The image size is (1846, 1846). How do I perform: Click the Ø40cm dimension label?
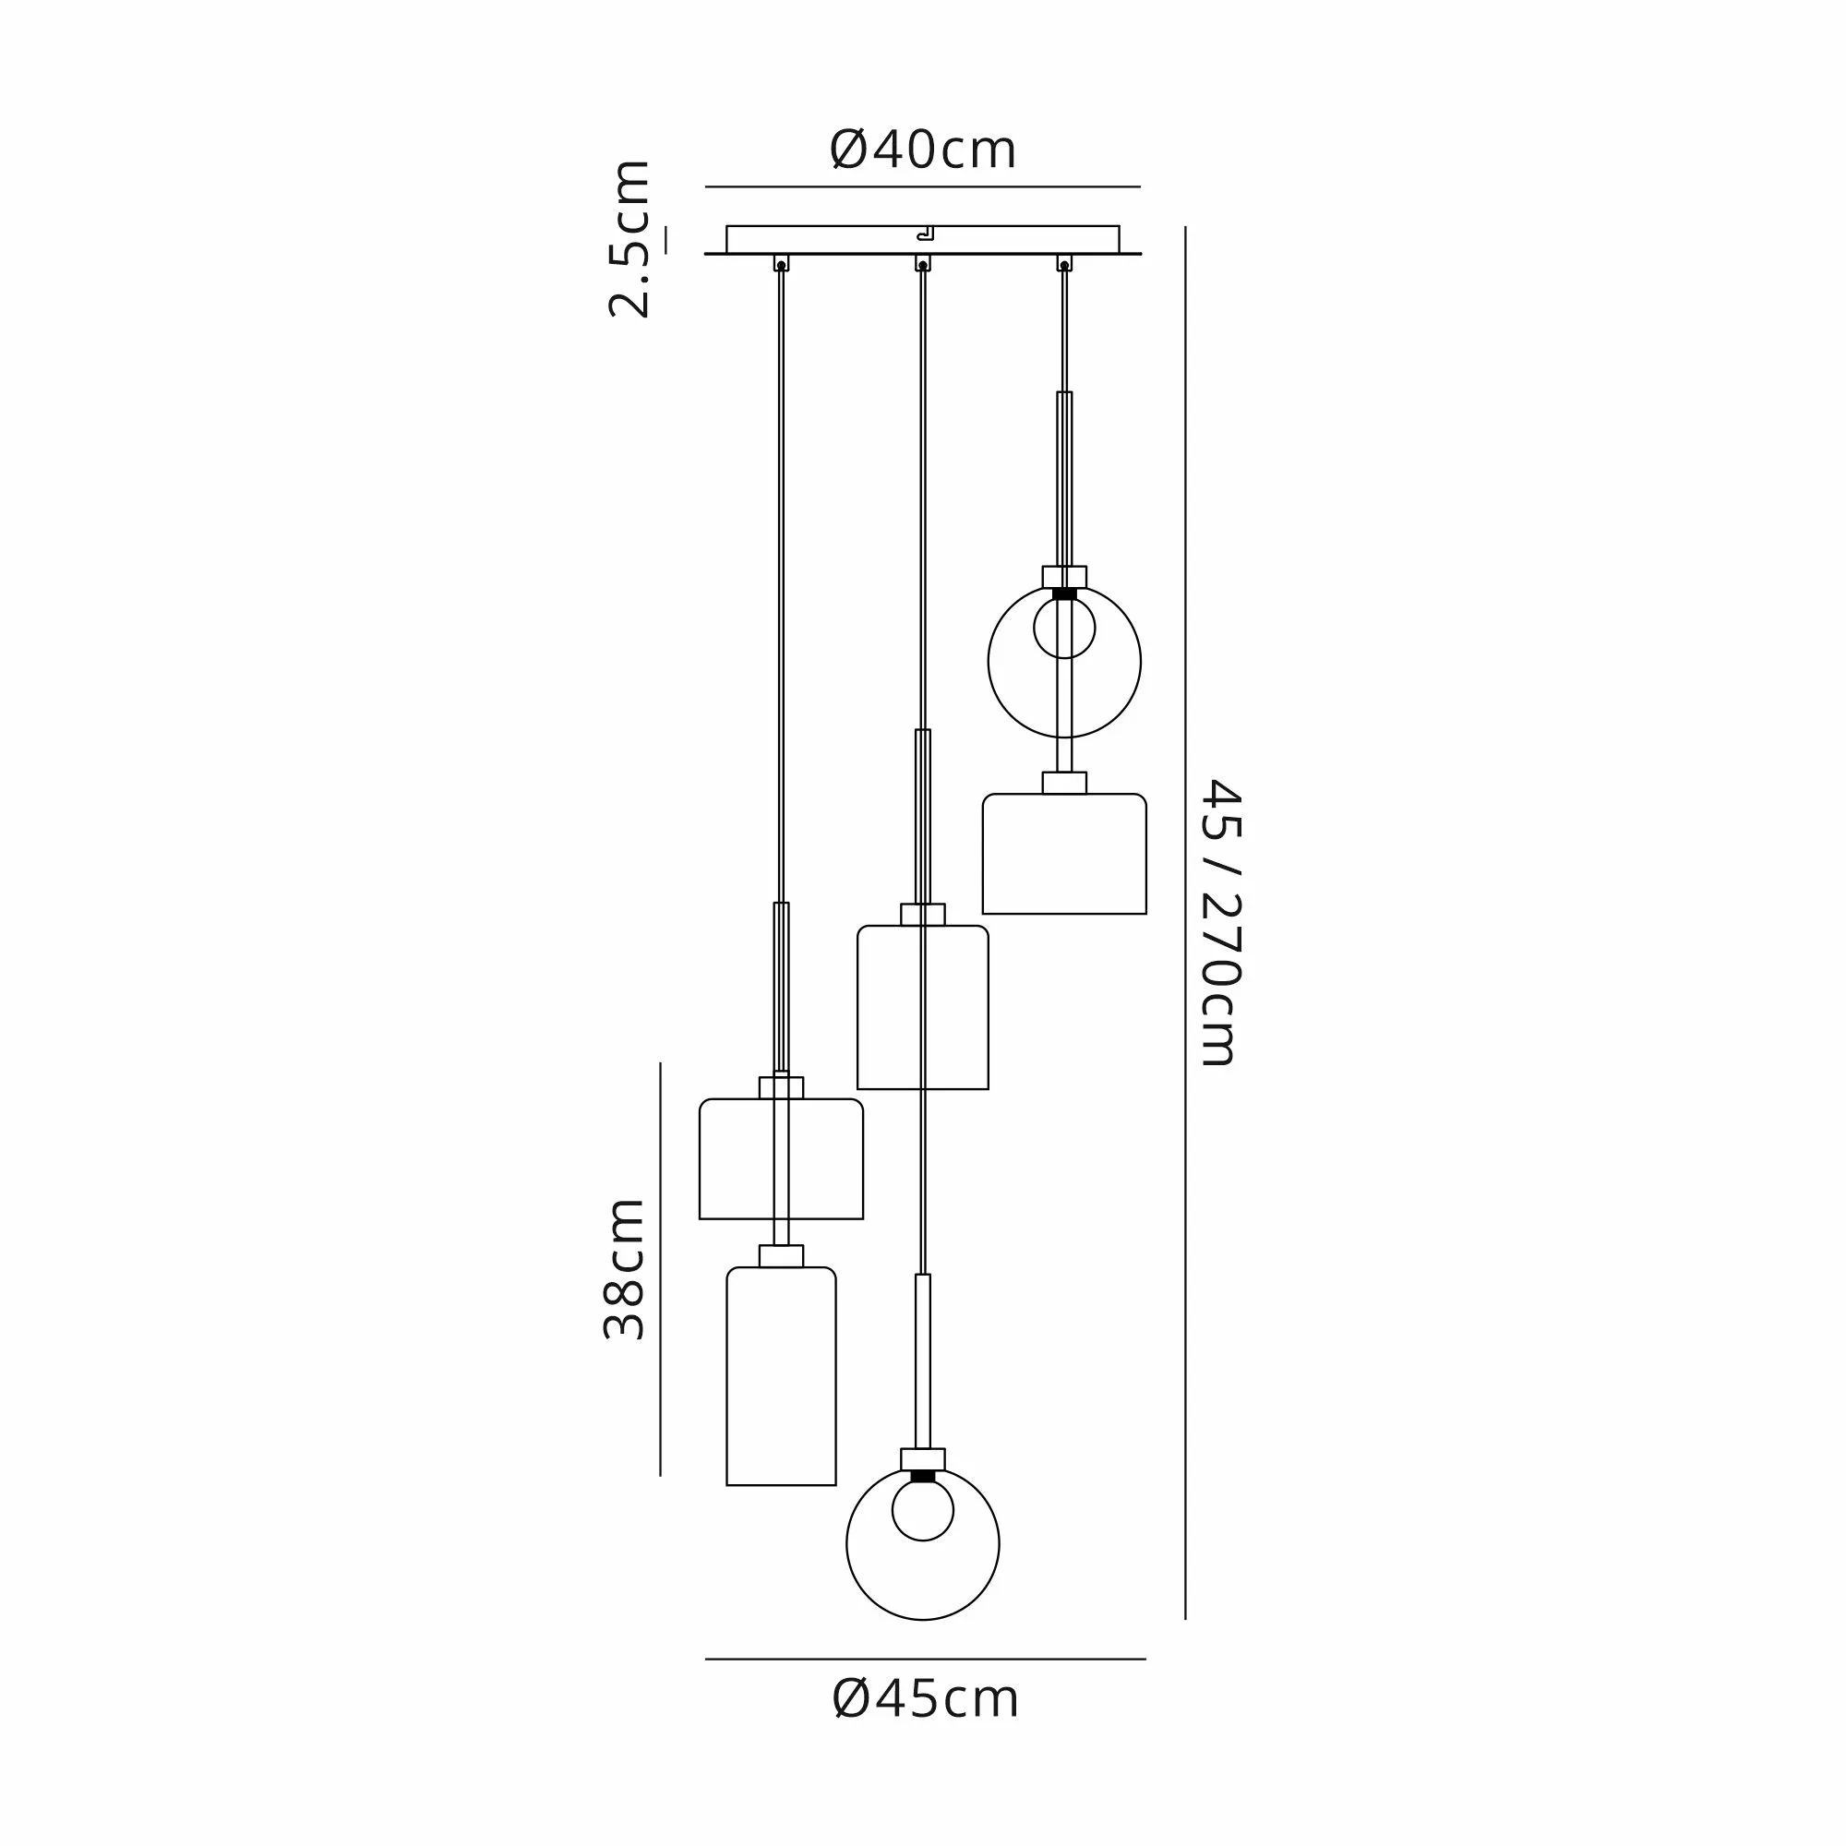point(923,150)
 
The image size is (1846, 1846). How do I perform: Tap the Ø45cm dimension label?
point(925,1699)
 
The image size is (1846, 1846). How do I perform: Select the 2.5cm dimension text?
point(630,239)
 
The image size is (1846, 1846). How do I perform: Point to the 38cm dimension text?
point(626,1269)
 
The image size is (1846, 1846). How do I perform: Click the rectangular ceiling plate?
point(922,240)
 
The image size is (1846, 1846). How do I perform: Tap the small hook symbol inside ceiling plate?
point(924,233)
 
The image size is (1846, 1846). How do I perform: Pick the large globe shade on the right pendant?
point(989,661)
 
